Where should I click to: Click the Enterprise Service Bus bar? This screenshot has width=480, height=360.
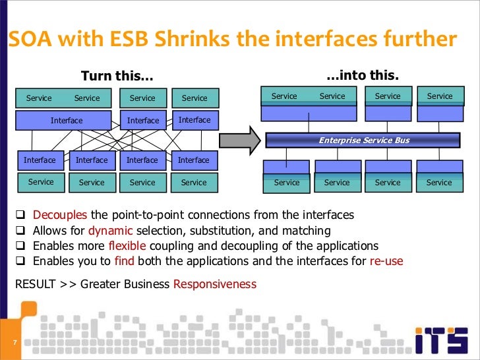(x=363, y=140)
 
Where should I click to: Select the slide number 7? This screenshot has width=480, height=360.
(x=13, y=343)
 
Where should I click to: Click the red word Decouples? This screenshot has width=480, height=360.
(x=61, y=215)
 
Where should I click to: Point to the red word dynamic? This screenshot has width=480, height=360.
(x=110, y=231)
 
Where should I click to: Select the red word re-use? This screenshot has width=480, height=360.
(x=386, y=261)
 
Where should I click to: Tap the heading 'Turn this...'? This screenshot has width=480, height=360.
(x=116, y=76)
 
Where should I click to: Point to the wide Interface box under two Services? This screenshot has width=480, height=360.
(x=67, y=121)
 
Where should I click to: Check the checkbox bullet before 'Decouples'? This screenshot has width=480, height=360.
(x=20, y=216)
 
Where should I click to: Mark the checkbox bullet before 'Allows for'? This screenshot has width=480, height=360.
(x=20, y=231)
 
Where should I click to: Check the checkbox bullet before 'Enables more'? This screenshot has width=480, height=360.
(x=20, y=246)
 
